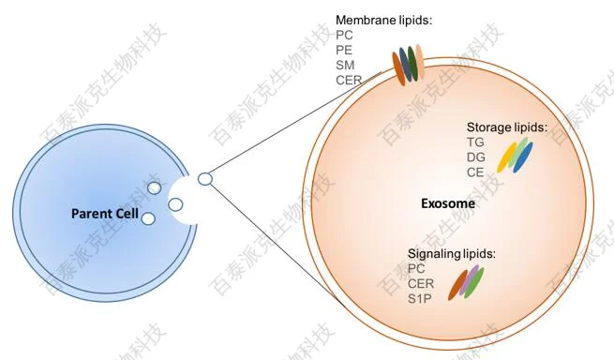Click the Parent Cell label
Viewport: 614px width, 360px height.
pos(105,214)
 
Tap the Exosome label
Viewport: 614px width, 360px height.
pos(448,203)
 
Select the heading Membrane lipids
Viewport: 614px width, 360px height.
pos(383,20)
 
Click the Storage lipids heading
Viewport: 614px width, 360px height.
pos(507,127)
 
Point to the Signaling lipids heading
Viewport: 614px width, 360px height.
pos(452,254)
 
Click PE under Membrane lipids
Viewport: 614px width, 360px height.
pos(344,50)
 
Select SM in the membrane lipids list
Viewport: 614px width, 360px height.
pos(345,65)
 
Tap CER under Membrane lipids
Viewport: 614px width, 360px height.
pos(349,80)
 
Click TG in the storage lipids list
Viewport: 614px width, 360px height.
pos(475,142)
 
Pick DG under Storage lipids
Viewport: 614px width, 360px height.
pos(476,157)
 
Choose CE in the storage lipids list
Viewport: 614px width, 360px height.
pos(475,172)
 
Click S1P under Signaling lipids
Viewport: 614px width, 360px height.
pos(419,299)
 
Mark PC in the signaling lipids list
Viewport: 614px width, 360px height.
pos(416,269)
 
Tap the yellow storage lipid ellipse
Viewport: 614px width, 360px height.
pos(507,157)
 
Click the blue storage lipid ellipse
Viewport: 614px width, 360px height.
pos(523,157)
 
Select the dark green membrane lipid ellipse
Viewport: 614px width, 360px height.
pos(412,63)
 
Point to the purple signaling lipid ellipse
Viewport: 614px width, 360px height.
pos(469,279)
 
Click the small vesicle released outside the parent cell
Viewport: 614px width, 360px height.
pos(205,179)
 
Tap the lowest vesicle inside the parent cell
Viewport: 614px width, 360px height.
pos(148,218)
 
